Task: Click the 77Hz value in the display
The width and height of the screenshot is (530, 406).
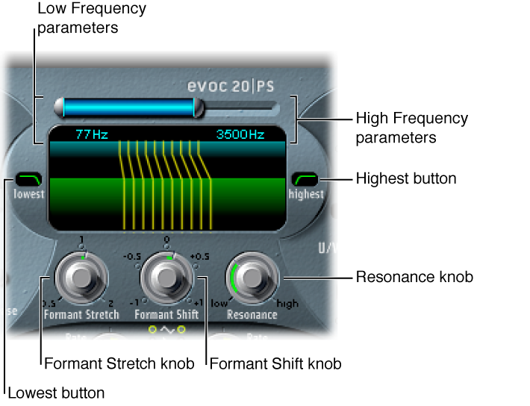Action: (92, 135)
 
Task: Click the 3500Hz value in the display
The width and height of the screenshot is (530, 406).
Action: (240, 135)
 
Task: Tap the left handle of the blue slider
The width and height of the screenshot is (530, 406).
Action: (59, 108)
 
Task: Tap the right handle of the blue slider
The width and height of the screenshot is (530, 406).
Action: (198, 108)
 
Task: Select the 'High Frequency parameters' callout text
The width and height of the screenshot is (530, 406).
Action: (411, 128)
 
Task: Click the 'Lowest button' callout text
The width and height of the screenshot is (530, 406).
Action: (57, 392)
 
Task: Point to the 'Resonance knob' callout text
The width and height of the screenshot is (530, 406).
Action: (414, 277)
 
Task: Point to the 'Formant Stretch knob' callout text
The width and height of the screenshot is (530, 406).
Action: (119, 364)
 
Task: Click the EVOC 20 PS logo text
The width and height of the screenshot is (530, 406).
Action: (231, 86)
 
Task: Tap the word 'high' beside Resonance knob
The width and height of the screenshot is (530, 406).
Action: (287, 304)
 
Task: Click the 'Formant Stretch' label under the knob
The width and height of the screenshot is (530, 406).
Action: (81, 314)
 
